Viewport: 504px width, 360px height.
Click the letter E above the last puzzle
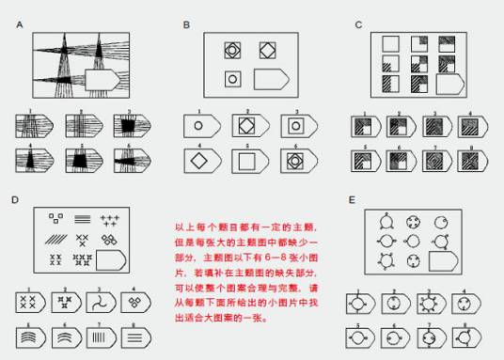[x=352, y=200]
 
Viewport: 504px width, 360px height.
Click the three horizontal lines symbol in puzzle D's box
[x=82, y=218]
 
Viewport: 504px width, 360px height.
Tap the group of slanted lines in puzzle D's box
[x=56, y=238]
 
